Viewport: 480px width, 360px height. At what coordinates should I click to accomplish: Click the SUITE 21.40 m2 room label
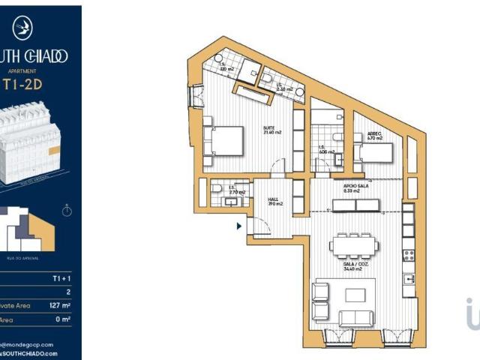[271, 130]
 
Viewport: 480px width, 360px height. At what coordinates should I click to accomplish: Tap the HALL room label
[274, 202]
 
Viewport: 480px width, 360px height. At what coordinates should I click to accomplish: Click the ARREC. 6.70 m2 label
[374, 137]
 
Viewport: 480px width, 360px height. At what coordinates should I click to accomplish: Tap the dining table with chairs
[352, 245]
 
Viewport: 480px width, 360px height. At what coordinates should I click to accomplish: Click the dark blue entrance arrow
[239, 225]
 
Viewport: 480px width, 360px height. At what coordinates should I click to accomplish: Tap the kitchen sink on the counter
[409, 279]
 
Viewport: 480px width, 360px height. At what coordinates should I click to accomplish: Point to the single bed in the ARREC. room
[375, 153]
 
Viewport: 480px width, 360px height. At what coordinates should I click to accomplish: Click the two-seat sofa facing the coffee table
[356, 317]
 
